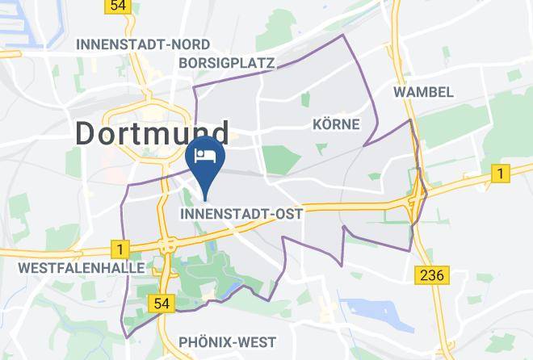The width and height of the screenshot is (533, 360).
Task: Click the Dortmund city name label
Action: click(153, 132)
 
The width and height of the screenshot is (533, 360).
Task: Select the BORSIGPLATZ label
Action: click(227, 63)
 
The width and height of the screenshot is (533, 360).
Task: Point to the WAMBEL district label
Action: click(423, 92)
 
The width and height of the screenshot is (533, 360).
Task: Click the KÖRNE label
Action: click(335, 124)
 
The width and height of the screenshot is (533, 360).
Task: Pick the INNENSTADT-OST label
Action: click(241, 215)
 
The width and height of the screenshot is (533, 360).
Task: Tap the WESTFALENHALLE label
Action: click(70, 267)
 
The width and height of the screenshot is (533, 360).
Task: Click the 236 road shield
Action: click(433, 275)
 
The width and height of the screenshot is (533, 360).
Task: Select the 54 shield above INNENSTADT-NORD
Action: click(118, 6)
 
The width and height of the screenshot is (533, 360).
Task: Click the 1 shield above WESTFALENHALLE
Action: click(120, 249)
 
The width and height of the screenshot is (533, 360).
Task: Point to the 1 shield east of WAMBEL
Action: click(501, 174)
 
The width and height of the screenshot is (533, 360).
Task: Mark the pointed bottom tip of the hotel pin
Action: click(206, 199)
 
